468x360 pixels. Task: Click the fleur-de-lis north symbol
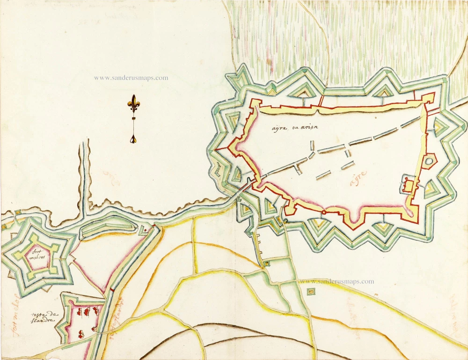(x=134, y=104)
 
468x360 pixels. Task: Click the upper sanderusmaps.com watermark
(x=131, y=78)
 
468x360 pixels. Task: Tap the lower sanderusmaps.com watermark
(x=336, y=281)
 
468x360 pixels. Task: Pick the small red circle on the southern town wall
(x=323, y=213)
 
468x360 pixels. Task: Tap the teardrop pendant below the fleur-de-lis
(x=134, y=138)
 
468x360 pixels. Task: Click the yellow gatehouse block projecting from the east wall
(x=408, y=186)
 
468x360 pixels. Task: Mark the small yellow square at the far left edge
(x=4, y=226)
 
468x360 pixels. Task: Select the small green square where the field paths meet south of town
(x=266, y=264)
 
